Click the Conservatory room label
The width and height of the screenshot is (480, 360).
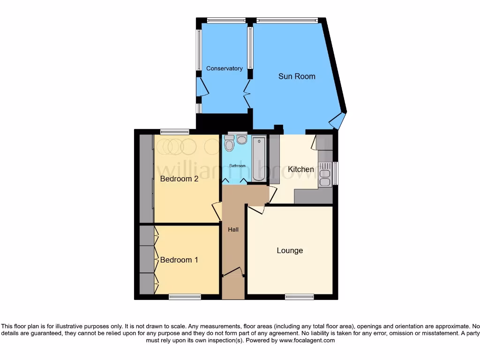224,68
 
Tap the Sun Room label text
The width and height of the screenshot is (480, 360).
297,76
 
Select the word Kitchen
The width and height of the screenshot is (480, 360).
300,169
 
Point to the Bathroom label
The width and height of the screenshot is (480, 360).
237,166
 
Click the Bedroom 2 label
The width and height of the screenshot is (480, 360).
179,179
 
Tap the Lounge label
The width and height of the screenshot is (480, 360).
290,250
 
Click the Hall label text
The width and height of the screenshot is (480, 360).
233,230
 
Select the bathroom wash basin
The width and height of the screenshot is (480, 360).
242,139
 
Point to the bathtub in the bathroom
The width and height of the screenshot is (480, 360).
259,159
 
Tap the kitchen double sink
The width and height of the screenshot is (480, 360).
324,174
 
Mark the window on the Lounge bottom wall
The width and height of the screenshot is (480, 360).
299,297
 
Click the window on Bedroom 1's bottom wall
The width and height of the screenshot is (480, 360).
185,297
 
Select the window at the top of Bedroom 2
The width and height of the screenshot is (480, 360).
174,132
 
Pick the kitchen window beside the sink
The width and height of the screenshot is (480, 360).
335,173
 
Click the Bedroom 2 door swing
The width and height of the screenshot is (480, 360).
217,210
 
